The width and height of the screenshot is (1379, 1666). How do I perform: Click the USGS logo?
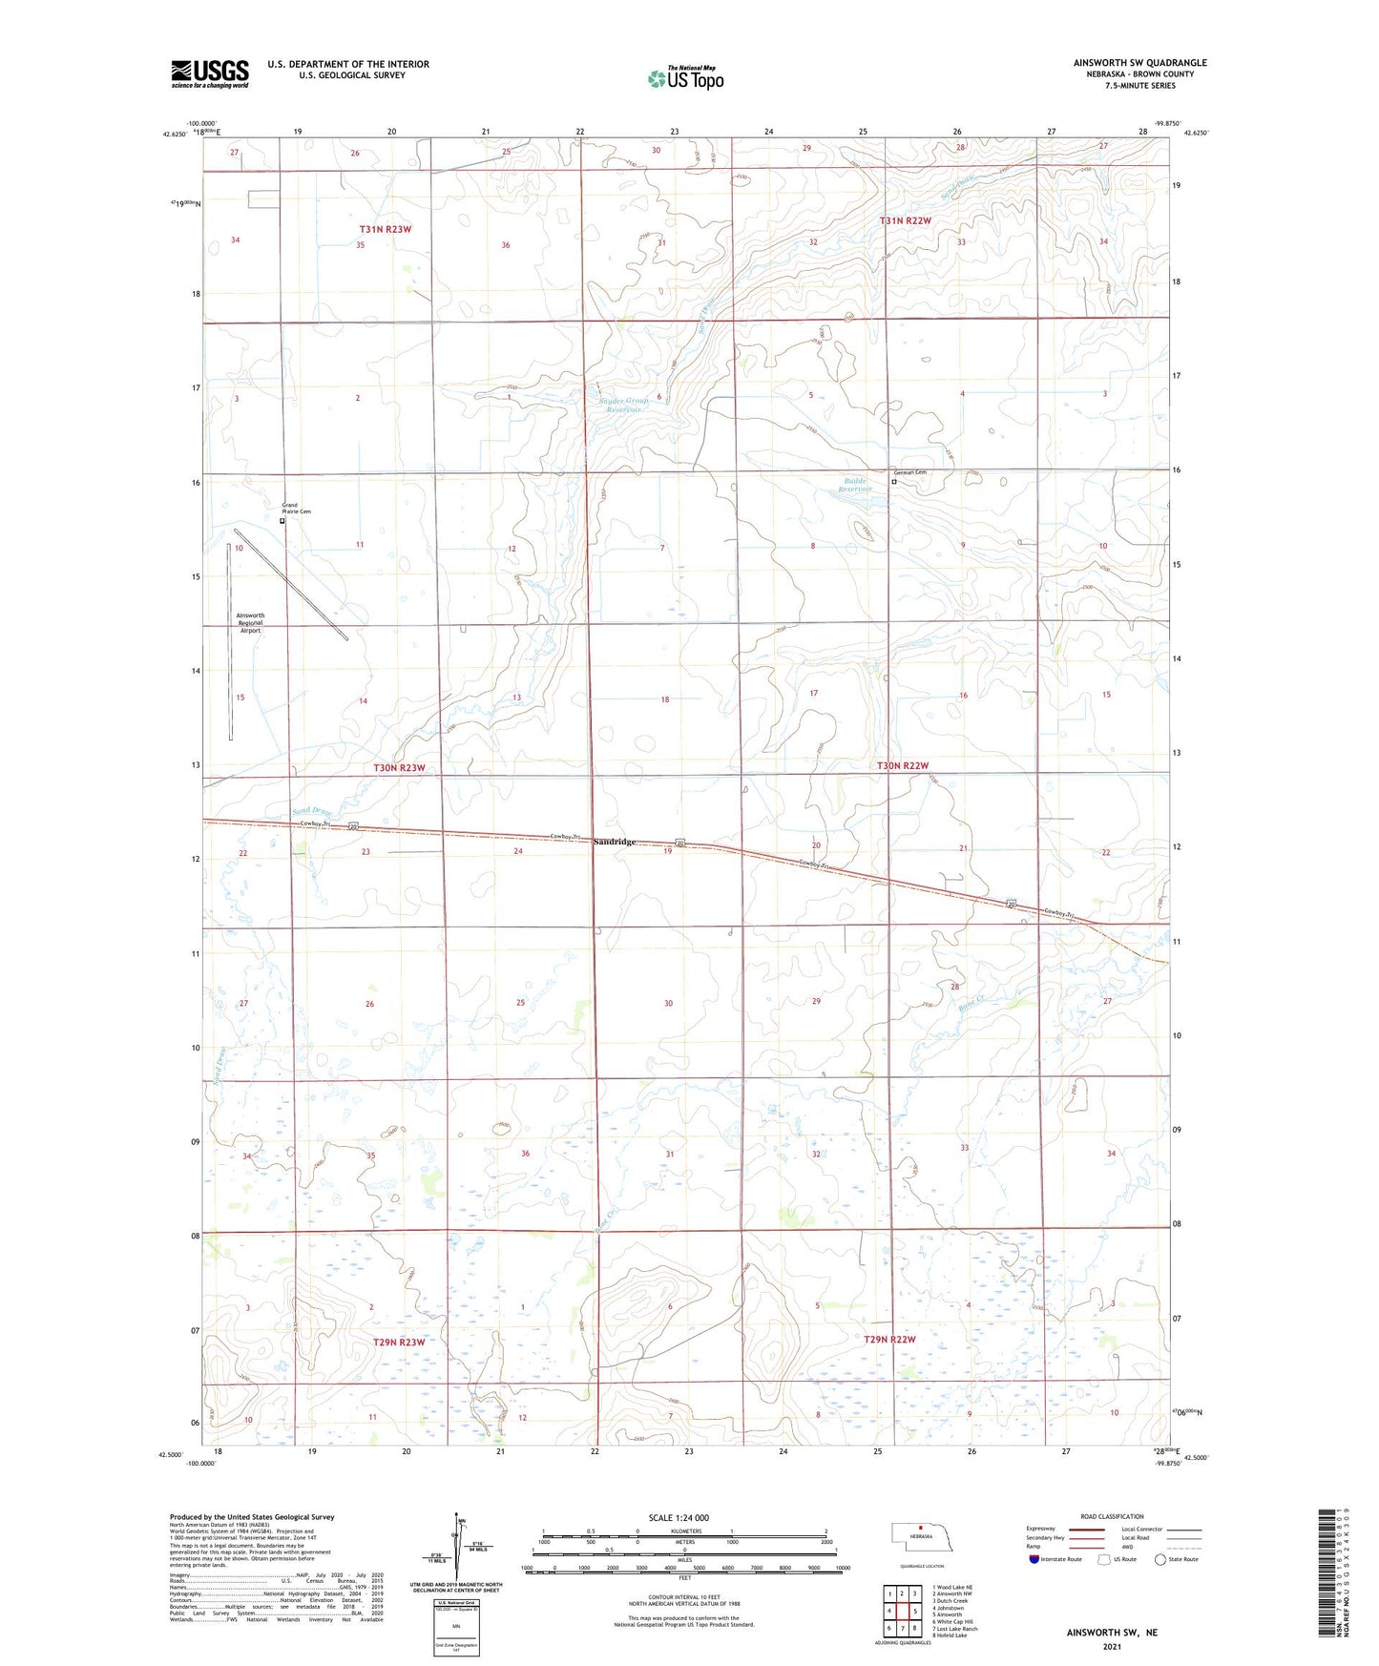tap(210, 73)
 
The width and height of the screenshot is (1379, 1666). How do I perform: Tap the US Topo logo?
tap(685, 78)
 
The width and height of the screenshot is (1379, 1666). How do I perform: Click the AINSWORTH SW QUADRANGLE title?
tap(1139, 63)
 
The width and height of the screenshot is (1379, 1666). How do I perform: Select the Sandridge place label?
tap(615, 842)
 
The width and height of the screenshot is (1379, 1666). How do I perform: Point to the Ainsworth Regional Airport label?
tap(250, 623)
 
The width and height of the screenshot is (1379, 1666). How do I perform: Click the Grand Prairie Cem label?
tap(296, 509)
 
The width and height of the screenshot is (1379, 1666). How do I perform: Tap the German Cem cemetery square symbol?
tap(893, 483)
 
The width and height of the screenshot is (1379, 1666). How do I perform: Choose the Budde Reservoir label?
tap(855, 485)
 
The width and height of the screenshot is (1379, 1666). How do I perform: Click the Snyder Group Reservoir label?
tap(623, 405)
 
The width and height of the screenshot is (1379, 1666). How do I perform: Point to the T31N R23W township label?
tap(385, 230)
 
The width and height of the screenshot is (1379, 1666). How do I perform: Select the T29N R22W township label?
tap(889, 1340)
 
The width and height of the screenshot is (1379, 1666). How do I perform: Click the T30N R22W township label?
tap(903, 766)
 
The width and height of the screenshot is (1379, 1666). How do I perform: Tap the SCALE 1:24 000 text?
tap(679, 1518)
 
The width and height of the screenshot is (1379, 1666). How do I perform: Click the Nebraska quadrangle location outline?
tap(917, 1538)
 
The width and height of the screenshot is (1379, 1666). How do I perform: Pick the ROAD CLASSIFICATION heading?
tap(1112, 1516)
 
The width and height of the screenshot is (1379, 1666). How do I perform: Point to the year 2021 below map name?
tap(1112, 1647)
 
